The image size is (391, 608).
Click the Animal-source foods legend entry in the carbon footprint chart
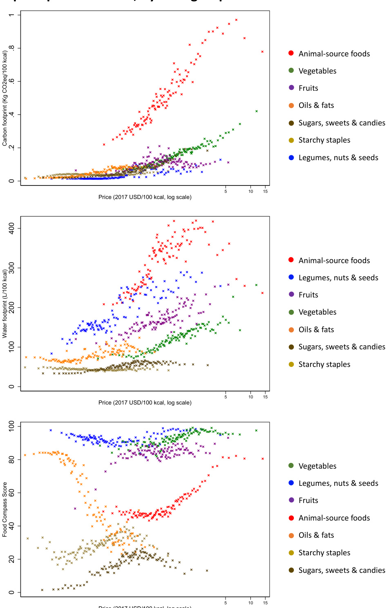334,54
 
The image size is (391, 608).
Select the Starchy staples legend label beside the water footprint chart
324,364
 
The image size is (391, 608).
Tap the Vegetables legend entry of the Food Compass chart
317,466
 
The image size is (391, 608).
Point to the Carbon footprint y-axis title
5,98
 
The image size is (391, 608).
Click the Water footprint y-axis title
5,304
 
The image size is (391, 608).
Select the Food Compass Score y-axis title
5,510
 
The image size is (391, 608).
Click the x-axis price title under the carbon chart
145,197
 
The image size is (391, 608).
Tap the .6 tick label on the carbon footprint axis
12,81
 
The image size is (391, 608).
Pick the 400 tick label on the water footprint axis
12,228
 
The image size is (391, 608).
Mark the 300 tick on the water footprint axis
12,268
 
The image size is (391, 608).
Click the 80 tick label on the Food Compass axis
12,460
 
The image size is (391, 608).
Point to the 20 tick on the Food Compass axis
12,559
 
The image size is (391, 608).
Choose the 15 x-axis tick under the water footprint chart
265,397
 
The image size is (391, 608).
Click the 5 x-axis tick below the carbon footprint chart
226,191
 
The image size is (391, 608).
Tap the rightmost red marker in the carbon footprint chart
262,52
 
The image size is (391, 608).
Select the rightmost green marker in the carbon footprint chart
257,111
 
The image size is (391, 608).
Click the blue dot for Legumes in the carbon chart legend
291,158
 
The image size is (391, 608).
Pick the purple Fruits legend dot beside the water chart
291,295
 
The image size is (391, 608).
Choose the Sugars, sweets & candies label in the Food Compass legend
342,570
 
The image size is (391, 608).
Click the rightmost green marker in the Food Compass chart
256,430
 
